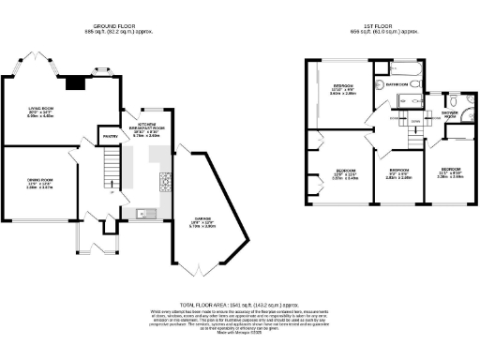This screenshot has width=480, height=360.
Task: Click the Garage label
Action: click(x=202, y=223)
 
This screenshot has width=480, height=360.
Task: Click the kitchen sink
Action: click(x=142, y=213)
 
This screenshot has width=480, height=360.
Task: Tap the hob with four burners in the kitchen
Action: click(x=165, y=181)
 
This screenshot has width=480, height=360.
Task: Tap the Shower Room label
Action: click(x=450, y=116)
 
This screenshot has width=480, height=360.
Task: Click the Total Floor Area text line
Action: click(x=238, y=306)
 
